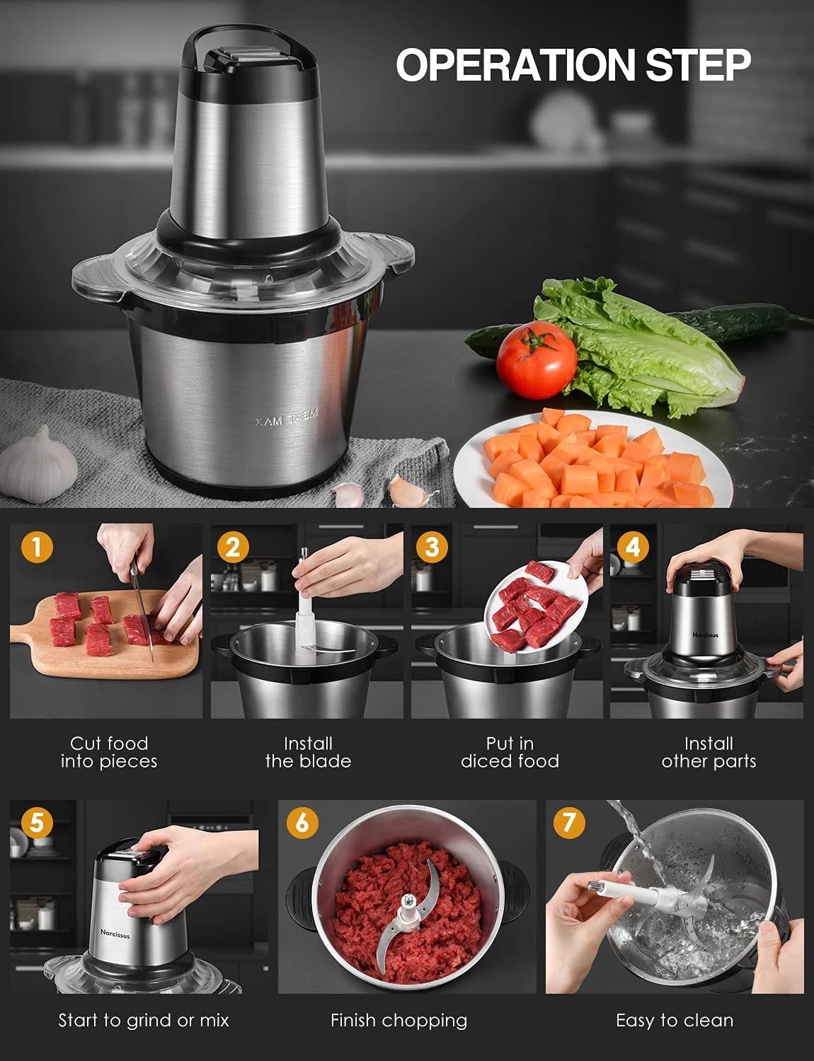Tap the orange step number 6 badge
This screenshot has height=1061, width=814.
tap(302, 822)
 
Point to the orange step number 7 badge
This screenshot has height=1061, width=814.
tap(569, 822)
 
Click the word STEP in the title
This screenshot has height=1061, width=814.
tap(697, 65)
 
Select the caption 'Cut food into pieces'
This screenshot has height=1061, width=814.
tap(109, 752)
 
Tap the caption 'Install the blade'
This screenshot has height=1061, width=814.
tap(308, 752)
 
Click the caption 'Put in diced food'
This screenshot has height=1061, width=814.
tap(510, 752)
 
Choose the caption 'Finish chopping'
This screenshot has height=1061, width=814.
tap(399, 1020)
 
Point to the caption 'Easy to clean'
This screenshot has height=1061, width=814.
tap(674, 1020)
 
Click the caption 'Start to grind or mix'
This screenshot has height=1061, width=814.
tap(144, 1020)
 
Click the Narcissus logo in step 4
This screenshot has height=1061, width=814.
tap(705, 634)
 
